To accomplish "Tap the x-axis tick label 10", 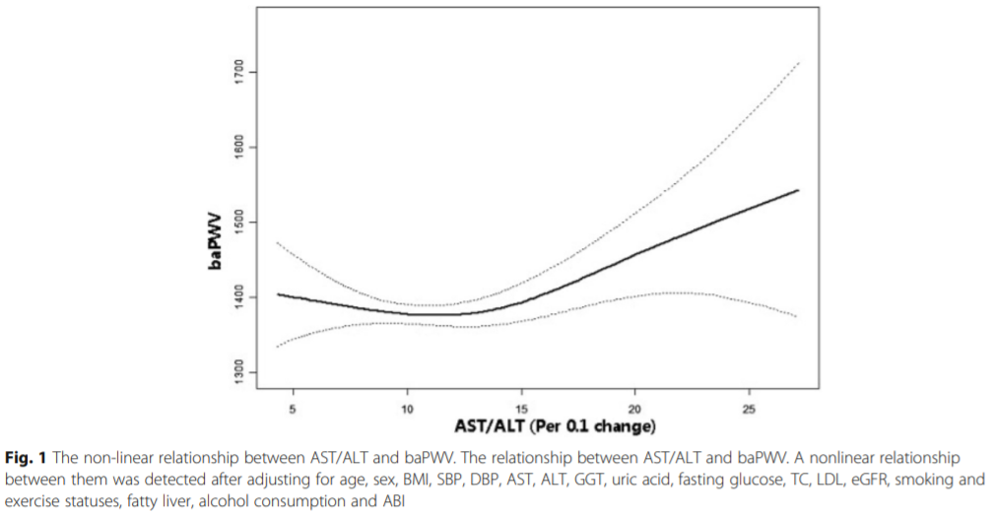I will pos(407,406).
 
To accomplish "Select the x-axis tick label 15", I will pos(521,406).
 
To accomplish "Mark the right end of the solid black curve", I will pos(798,190).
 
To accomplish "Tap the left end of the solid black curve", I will pos(279,294).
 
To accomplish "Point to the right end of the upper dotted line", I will pos(798,62).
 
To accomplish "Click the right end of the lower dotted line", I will pos(798,316).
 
